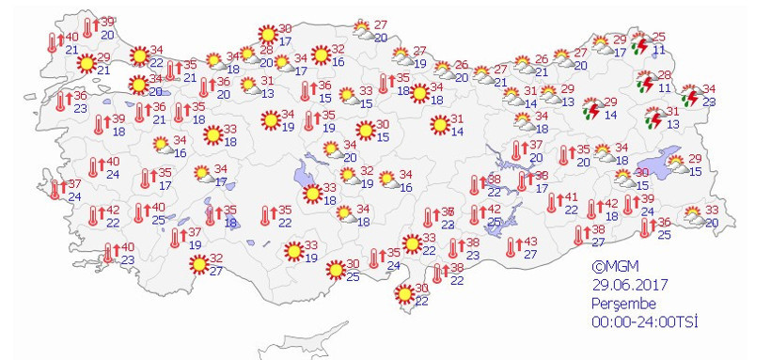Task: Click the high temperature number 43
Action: click(x=529, y=242)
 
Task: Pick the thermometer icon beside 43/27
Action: click(x=512, y=247)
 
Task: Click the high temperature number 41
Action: click(x=570, y=197)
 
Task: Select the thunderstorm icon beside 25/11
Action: click(x=640, y=44)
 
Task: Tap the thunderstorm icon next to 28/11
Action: click(x=644, y=83)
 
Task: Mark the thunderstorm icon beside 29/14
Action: click(x=591, y=109)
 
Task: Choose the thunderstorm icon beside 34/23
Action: click(x=689, y=95)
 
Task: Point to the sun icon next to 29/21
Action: click(x=86, y=64)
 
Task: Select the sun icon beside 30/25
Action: click(x=334, y=271)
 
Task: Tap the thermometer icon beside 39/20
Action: click(x=89, y=28)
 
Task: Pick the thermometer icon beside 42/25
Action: click(x=476, y=215)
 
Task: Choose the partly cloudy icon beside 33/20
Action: click(x=694, y=216)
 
